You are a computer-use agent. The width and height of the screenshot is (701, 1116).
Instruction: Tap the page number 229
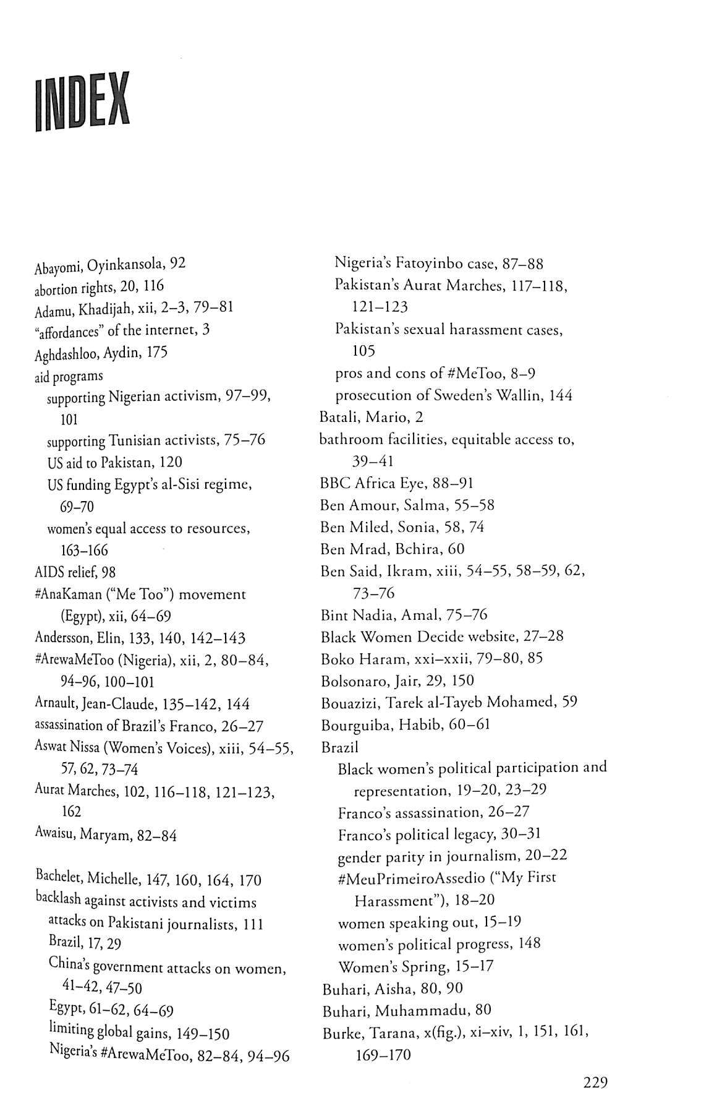[x=595, y=1082]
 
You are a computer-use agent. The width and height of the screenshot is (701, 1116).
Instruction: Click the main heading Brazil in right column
[x=339, y=747]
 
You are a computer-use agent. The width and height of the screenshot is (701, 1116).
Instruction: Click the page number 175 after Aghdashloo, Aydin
[x=157, y=352]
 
